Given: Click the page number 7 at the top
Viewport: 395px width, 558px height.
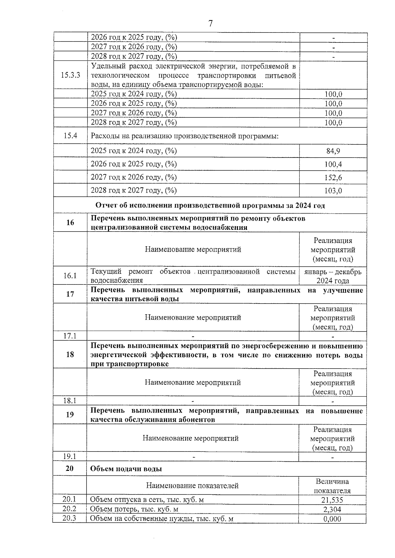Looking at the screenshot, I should coord(210,23).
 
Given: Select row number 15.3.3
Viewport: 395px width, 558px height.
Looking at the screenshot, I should coord(70,75).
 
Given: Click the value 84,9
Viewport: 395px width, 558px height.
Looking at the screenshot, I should coord(333,151).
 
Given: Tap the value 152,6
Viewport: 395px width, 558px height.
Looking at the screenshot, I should coord(333,178).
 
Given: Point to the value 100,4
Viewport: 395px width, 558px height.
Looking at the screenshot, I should coord(333,164).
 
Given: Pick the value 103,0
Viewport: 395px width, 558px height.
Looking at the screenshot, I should coord(333,191).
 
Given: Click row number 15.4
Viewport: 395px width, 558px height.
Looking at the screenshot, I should coord(70,135).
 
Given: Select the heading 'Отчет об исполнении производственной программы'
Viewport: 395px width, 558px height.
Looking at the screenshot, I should coord(210,206).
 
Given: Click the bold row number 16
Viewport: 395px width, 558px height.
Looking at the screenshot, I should coord(70,223).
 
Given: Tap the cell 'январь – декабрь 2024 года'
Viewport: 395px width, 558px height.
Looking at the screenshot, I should coord(333,276).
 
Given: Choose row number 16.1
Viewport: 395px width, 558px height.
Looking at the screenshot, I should coord(70,276).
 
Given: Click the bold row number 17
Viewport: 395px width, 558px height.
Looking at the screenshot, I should coord(70,294).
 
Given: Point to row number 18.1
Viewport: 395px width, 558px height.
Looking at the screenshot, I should coord(70,400).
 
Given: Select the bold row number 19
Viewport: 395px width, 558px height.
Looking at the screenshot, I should coord(70,414).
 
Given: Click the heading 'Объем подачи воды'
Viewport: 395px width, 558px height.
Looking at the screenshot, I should coord(126,469).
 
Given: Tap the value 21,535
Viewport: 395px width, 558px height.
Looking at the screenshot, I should coord(332,500).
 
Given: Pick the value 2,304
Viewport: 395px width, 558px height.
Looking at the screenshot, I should coord(332,510).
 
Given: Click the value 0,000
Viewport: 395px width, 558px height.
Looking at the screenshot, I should coord(332,519).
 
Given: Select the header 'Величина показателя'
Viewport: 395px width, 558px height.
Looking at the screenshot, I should coord(332,486).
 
